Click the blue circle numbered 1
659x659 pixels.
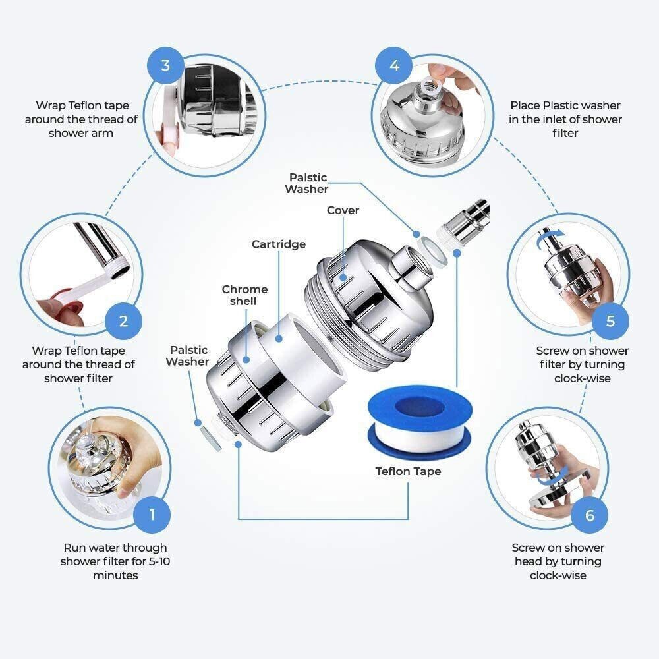point(152,514)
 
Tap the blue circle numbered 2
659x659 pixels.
point(124,321)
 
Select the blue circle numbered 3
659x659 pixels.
point(165,65)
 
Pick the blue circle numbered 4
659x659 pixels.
point(394,65)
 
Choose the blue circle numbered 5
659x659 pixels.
point(610,321)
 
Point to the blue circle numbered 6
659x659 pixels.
point(590,514)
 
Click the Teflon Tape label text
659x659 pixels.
point(408,471)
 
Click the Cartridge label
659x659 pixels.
point(279,244)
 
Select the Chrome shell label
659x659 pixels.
point(244,295)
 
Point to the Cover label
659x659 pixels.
point(343,210)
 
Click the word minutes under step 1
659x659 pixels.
point(115,575)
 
